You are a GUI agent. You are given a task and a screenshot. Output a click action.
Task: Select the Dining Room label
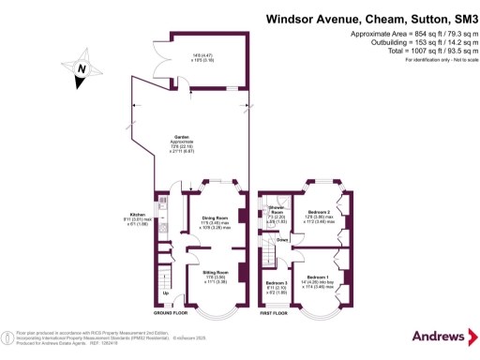(x=216, y=217)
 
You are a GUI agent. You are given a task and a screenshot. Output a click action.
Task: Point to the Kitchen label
(x=137, y=213)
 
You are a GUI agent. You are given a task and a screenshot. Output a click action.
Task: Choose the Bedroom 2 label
(x=317, y=212)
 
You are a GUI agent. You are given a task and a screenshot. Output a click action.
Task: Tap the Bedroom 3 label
(x=276, y=282)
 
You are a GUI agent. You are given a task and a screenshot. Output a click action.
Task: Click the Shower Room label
(x=276, y=208)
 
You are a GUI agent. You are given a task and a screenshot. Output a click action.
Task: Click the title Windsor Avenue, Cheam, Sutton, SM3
(x=373, y=17)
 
